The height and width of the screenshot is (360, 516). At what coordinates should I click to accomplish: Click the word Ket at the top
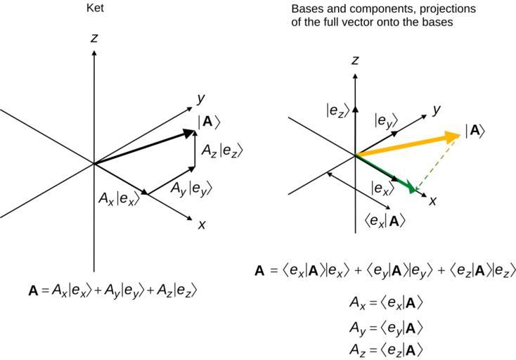point(94,9)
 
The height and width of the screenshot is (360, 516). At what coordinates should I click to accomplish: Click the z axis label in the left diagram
point(93,38)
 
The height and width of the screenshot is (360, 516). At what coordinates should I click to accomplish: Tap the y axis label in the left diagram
point(200,99)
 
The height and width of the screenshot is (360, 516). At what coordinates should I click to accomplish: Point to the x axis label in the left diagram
point(202,224)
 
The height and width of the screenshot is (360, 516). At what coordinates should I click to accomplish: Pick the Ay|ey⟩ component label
point(191,188)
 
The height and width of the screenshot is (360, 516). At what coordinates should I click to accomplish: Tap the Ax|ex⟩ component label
point(119,198)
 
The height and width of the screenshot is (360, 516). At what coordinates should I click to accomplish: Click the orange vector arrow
point(408,143)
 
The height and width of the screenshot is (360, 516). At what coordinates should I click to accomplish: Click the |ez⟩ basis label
point(337,110)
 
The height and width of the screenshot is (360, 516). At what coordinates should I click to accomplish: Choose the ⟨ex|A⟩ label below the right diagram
point(385,221)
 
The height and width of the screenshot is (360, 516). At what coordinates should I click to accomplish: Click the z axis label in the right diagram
point(355,60)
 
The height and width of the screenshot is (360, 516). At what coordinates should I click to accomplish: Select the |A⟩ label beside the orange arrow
point(476,131)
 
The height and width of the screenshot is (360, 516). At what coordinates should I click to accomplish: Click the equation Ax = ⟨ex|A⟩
point(386,303)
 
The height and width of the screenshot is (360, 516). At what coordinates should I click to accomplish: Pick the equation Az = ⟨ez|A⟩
point(386,349)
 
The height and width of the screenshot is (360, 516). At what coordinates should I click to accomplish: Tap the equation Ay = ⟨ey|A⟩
point(386,327)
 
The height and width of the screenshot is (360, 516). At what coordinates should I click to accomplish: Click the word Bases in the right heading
point(307,9)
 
